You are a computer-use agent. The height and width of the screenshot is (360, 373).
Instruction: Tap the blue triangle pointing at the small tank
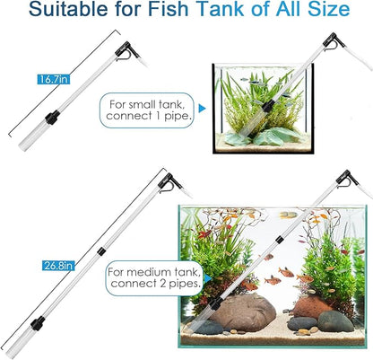tap(201, 107)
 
